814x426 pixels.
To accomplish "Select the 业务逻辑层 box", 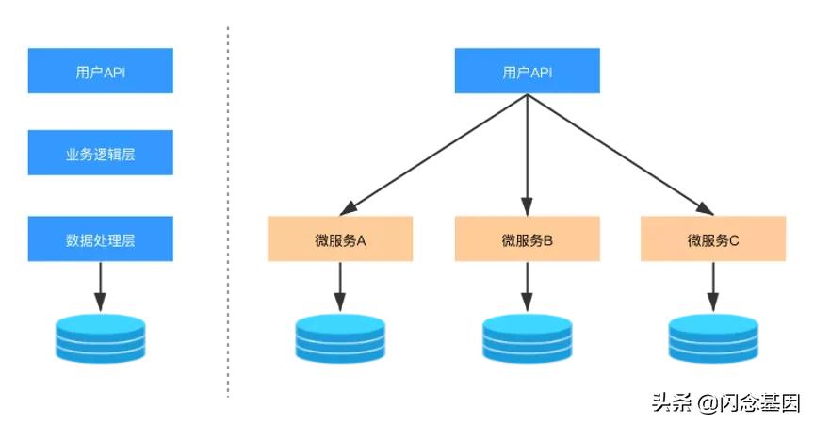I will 101,153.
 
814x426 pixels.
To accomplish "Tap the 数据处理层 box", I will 101,238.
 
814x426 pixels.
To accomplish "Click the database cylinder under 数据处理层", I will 101,337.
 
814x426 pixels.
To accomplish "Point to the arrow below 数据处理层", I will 101,286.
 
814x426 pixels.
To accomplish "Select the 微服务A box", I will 340,238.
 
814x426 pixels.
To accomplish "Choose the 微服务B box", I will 527,238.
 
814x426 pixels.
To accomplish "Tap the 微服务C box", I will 713,238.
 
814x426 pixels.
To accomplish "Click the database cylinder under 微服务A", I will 340,337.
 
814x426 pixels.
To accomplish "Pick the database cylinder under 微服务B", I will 527,337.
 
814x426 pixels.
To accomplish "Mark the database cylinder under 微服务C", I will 713,337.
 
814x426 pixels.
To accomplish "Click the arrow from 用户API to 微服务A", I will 433,153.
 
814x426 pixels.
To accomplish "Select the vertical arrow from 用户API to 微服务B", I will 527,156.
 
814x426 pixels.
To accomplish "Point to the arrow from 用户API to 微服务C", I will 620,153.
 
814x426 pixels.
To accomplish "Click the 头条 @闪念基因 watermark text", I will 725,402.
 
